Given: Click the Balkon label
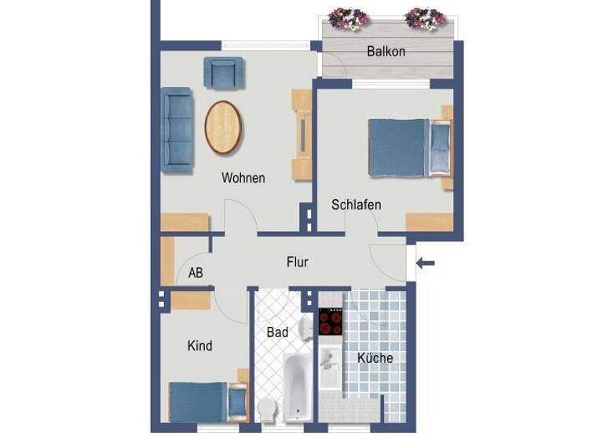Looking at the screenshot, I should [x=386, y=52].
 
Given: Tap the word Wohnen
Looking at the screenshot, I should [x=243, y=178].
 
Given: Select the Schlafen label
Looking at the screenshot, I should [x=356, y=205].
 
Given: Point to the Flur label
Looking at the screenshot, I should [x=297, y=262].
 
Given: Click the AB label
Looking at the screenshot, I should [x=196, y=274].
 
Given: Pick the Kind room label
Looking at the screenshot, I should [x=200, y=345].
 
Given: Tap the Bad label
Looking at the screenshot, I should [x=277, y=332].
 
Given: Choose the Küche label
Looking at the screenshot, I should [x=375, y=358].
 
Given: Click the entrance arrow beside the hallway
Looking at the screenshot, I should [x=425, y=263].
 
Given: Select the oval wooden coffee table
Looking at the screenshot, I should [x=224, y=127].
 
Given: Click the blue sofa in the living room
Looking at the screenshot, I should [x=177, y=129].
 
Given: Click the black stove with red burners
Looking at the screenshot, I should [x=331, y=322].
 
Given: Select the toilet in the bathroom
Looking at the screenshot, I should [x=267, y=408].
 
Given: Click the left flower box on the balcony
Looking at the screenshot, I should [x=349, y=18].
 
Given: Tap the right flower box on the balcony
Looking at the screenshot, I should [x=426, y=17].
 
